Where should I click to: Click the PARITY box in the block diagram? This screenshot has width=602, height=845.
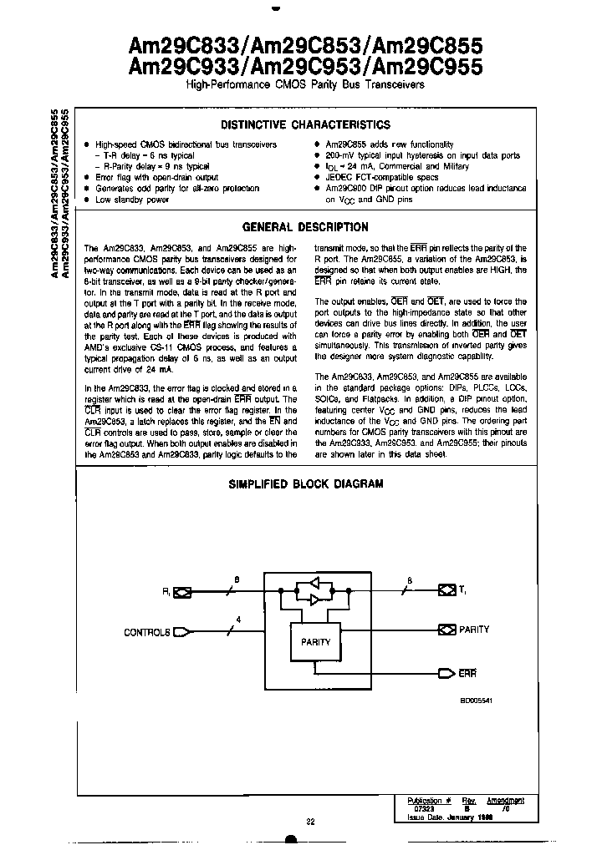pos(316,641)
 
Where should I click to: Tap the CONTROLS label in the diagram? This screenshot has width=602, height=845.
pos(147,632)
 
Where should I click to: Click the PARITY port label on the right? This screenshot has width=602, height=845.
pos(474,630)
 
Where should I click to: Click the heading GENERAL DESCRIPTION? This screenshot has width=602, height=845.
pos(304,227)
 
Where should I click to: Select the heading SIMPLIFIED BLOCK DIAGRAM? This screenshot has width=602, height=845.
pos(306,484)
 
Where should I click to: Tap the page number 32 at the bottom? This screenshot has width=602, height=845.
pos(310,822)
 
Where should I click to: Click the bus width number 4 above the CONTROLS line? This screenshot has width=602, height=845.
pos(238,619)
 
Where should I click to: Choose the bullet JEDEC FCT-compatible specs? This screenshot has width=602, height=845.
pos(381,178)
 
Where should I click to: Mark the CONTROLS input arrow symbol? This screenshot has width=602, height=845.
pos(191,632)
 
